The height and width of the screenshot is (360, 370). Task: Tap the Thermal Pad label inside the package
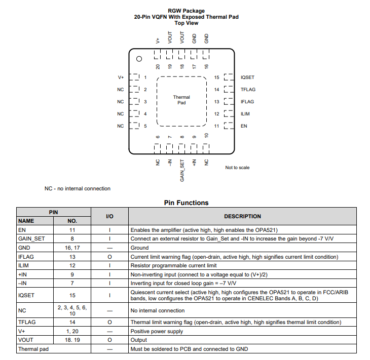(181, 100)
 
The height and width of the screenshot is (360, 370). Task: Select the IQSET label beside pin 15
(247, 77)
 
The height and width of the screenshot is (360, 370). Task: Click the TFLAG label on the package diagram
(248, 90)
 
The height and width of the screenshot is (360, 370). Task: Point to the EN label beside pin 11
(244, 126)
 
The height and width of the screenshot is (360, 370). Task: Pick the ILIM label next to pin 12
(245, 114)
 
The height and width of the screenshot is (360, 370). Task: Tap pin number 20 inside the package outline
(158, 66)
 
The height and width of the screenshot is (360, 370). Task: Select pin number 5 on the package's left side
(145, 126)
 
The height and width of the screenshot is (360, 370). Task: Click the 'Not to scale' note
(237, 168)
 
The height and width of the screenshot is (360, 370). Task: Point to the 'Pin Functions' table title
(186, 203)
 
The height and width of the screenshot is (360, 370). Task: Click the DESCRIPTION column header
(242, 216)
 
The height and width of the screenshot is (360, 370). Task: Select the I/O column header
(109, 216)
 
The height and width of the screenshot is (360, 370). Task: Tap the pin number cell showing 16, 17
(72, 248)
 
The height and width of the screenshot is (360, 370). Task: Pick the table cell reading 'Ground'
(139, 248)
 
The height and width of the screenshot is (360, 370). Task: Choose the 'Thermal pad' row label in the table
(32, 349)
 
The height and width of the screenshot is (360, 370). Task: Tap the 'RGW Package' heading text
(186, 11)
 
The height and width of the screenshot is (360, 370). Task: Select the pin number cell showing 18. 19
(72, 340)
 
